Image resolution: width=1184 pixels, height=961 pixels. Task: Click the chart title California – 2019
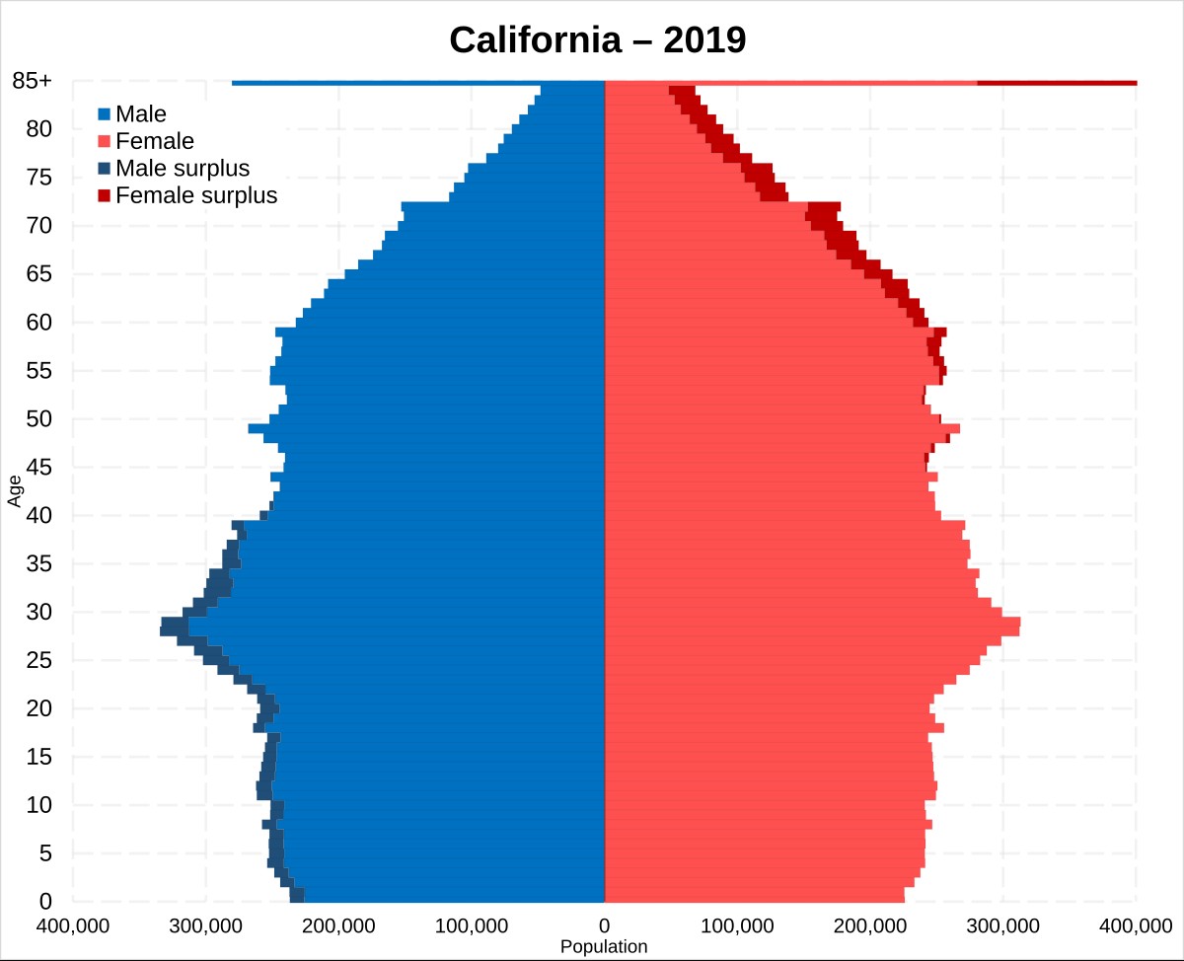(x=597, y=39)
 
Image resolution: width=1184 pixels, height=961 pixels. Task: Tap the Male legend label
(x=141, y=113)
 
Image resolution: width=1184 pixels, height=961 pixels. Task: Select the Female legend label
(x=155, y=141)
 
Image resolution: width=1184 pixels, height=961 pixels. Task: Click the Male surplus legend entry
(x=183, y=168)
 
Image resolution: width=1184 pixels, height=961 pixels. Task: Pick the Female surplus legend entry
(x=196, y=195)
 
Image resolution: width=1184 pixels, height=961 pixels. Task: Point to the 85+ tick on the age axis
(x=33, y=82)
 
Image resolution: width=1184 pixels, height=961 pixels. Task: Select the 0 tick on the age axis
(x=44, y=901)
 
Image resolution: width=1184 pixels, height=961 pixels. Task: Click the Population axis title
(x=604, y=947)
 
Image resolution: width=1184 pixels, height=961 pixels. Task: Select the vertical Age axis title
(x=14, y=490)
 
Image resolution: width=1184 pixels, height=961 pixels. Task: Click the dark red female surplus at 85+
(x=1056, y=83)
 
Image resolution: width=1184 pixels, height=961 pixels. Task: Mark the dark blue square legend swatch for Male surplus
(x=104, y=168)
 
